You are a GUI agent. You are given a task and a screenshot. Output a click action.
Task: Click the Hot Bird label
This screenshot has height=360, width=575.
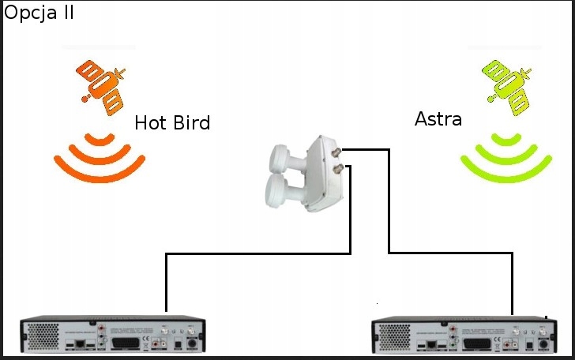coord(172,123)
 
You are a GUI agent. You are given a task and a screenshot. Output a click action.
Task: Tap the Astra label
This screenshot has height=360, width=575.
coord(438,120)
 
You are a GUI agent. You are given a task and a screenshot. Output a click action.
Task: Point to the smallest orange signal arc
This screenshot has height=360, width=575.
coord(100,141)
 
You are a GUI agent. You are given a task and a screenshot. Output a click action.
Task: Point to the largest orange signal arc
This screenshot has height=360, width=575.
coord(100,172)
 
